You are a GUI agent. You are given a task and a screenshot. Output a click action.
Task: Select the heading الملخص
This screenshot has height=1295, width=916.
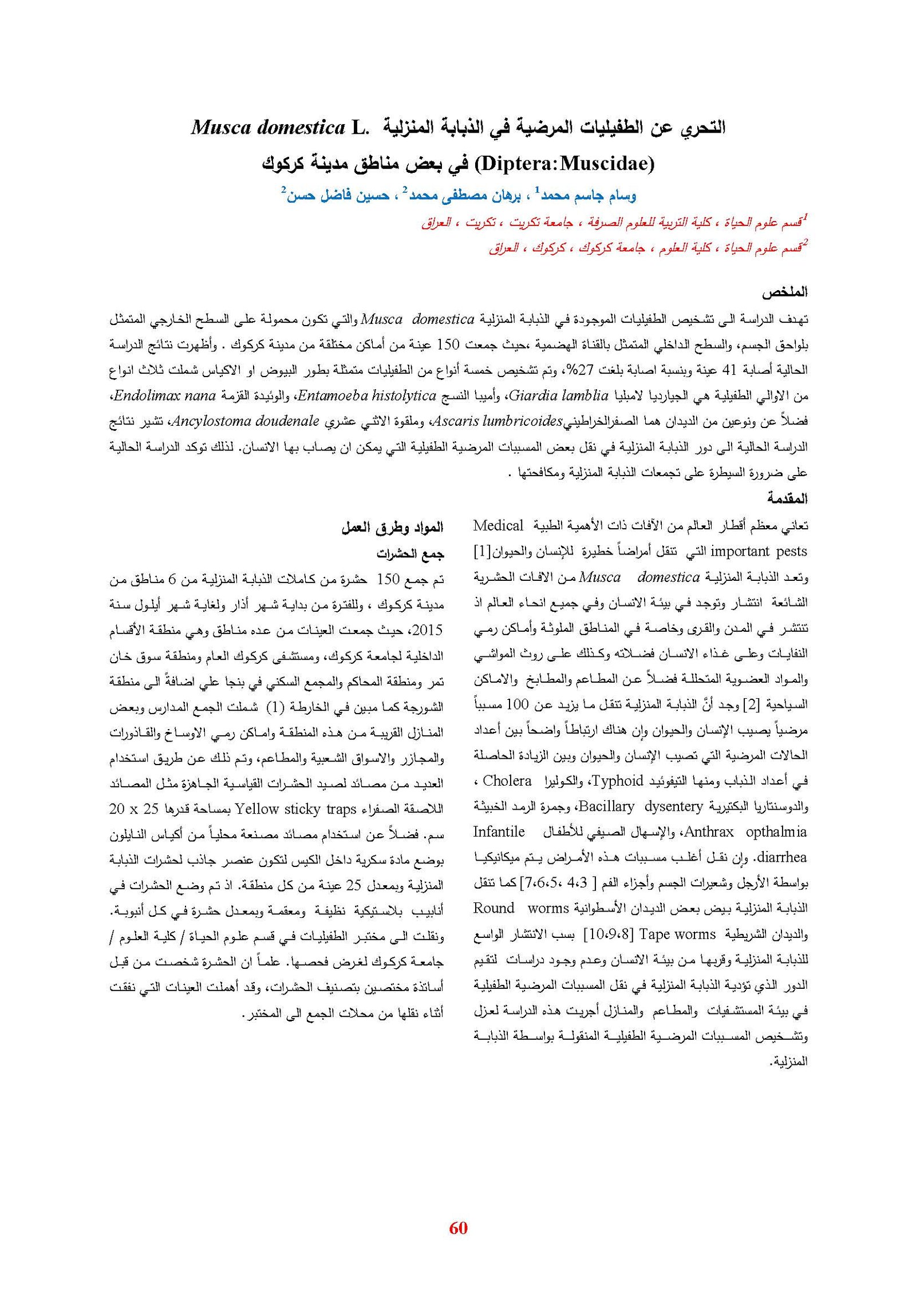(x=784, y=292)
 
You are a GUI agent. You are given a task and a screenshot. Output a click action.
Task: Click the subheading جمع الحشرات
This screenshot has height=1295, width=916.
(x=410, y=553)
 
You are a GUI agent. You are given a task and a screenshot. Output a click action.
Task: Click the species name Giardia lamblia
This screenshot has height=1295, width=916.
(x=558, y=395)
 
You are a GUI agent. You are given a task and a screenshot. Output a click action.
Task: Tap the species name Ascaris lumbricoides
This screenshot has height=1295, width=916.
(x=496, y=421)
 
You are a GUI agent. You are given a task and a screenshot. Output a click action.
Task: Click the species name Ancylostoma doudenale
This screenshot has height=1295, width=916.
(x=246, y=421)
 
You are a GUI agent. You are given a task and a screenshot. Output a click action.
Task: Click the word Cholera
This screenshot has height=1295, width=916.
(x=507, y=781)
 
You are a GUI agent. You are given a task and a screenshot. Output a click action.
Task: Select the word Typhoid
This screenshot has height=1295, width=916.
(x=618, y=781)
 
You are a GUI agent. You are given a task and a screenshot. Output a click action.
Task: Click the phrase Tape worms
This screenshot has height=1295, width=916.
(x=677, y=934)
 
